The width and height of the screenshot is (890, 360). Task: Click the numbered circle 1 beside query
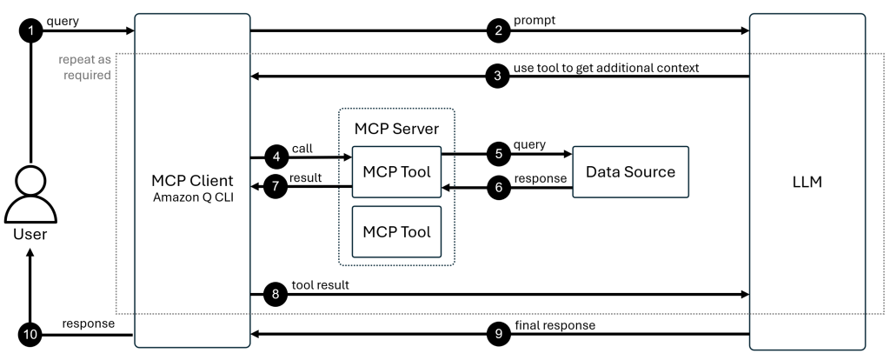coord(30,31)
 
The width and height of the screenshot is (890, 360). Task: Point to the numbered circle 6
coord(497,188)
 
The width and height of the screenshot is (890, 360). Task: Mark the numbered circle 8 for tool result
coord(276,295)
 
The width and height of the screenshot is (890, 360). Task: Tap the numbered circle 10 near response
coord(30,333)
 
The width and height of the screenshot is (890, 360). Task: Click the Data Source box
coord(630,172)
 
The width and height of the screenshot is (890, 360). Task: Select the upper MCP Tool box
coord(396,172)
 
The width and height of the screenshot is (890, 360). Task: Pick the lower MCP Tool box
coord(396,231)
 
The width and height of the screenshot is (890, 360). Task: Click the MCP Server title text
coord(395,128)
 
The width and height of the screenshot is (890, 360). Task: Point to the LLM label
coord(807,184)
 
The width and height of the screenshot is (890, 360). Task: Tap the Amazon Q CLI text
coord(193,198)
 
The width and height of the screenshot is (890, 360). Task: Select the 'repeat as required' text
coord(85,69)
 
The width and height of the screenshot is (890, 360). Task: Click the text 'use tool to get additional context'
coord(607,67)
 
